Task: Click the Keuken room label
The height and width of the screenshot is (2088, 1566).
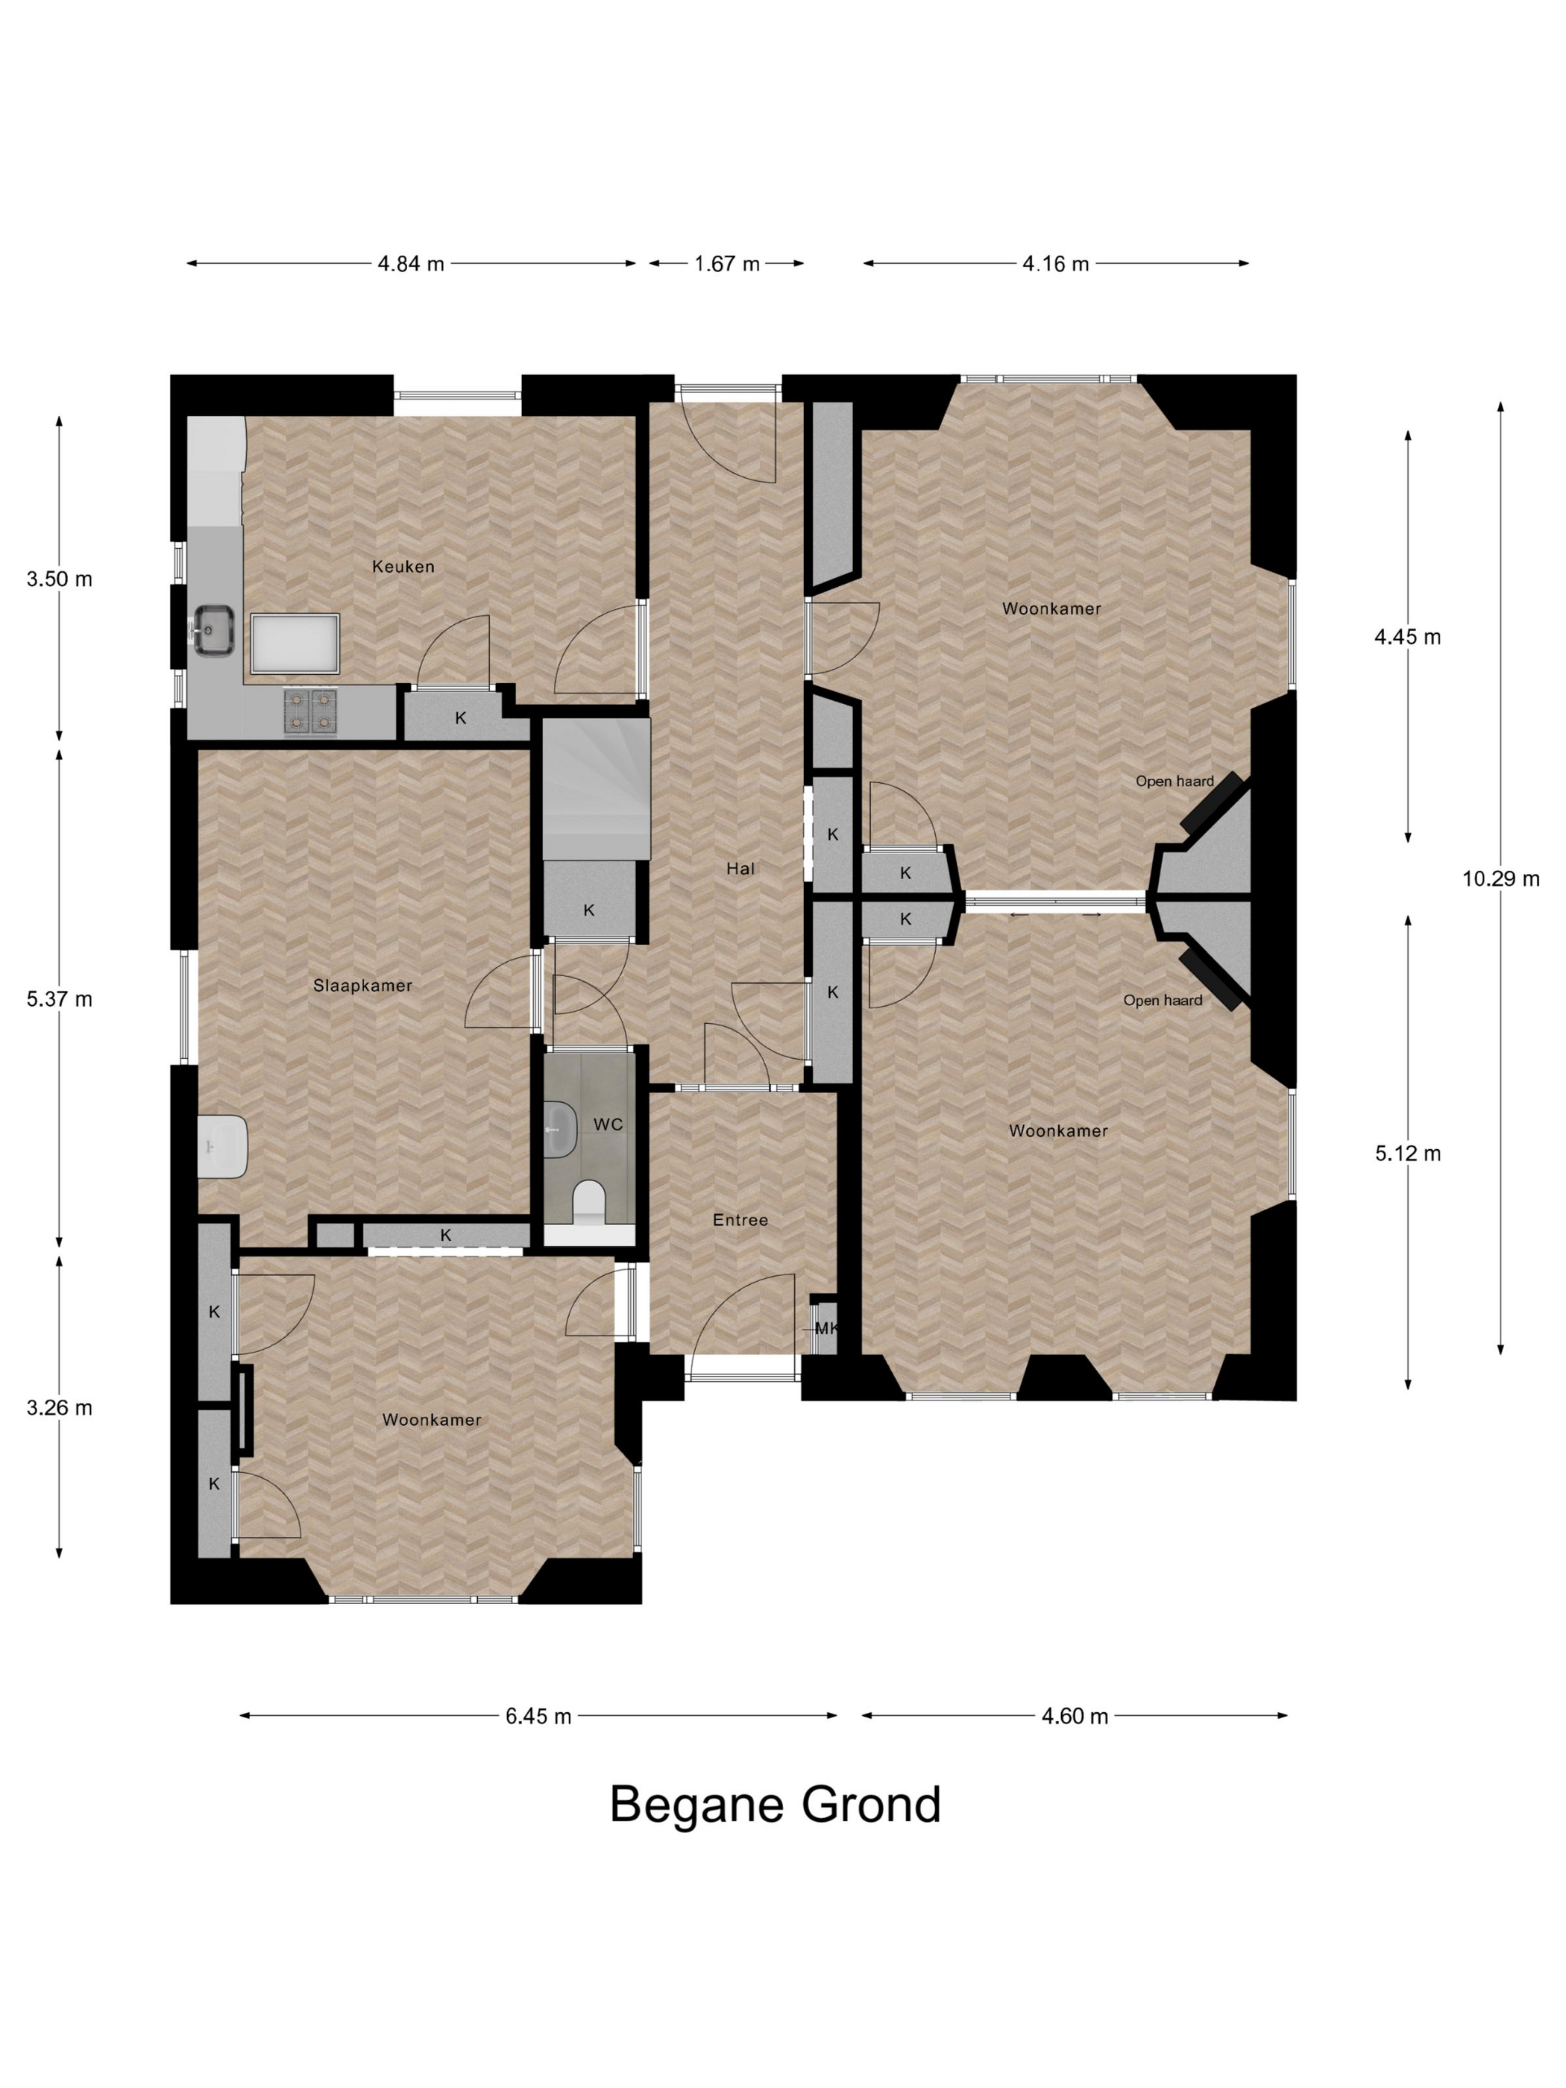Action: coord(403,566)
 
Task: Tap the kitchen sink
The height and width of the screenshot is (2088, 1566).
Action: coord(214,629)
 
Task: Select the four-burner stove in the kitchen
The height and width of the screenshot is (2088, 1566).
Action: coord(310,711)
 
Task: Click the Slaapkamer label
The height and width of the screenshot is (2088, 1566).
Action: coord(362,986)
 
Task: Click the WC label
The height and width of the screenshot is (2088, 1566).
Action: coord(608,1125)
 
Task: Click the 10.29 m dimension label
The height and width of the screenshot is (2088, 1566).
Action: coord(1501,878)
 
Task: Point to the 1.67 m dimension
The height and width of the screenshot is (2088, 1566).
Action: coord(727,263)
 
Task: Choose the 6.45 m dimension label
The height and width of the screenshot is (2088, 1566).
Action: coord(538,1715)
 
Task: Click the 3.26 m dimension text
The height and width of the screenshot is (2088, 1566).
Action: coord(60,1407)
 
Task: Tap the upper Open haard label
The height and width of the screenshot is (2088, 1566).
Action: coord(1174,781)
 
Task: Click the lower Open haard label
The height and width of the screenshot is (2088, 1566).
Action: coord(1162,1000)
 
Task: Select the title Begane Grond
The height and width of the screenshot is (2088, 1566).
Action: coord(775,1804)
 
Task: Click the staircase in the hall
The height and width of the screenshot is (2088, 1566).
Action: coord(597,788)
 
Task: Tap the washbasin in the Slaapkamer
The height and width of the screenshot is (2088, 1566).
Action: coord(223,1146)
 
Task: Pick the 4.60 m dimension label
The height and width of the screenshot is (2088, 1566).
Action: coord(1075,1715)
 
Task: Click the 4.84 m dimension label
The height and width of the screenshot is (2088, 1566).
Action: coord(411,263)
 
